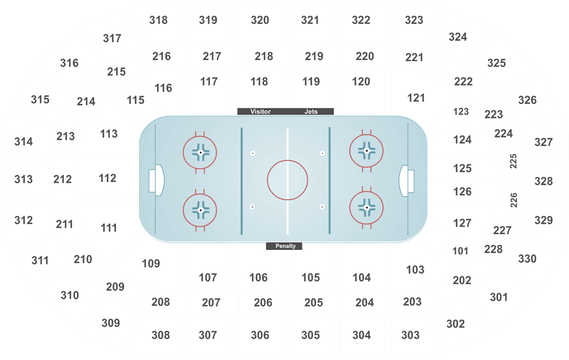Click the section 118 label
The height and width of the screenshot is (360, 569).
259,82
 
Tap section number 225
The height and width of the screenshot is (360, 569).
513,161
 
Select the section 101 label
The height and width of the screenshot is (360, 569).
460,251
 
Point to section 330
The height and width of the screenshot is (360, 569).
527,259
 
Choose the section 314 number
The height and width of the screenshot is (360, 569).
24,142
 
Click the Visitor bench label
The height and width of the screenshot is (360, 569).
260,112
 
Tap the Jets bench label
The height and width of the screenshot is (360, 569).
311,112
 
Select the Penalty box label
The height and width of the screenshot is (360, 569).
285,246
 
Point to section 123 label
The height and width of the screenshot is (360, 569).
461,112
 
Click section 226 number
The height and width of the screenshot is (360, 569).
513,200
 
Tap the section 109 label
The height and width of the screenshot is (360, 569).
151,263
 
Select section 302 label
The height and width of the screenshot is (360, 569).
456,323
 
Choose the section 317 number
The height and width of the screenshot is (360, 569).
112,38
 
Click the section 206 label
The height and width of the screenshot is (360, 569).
263,303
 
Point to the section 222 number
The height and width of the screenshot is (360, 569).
464,81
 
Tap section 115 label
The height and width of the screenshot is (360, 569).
135,100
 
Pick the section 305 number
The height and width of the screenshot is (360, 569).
311,335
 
